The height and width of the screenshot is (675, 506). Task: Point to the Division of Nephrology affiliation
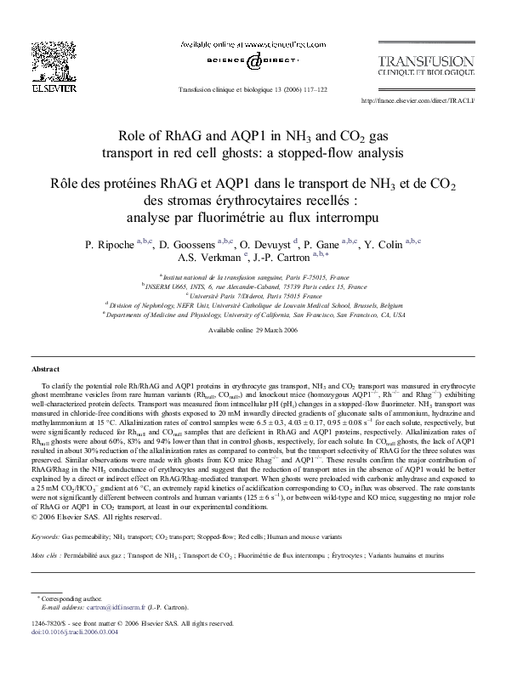253,304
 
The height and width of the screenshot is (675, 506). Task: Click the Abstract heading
45,370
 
